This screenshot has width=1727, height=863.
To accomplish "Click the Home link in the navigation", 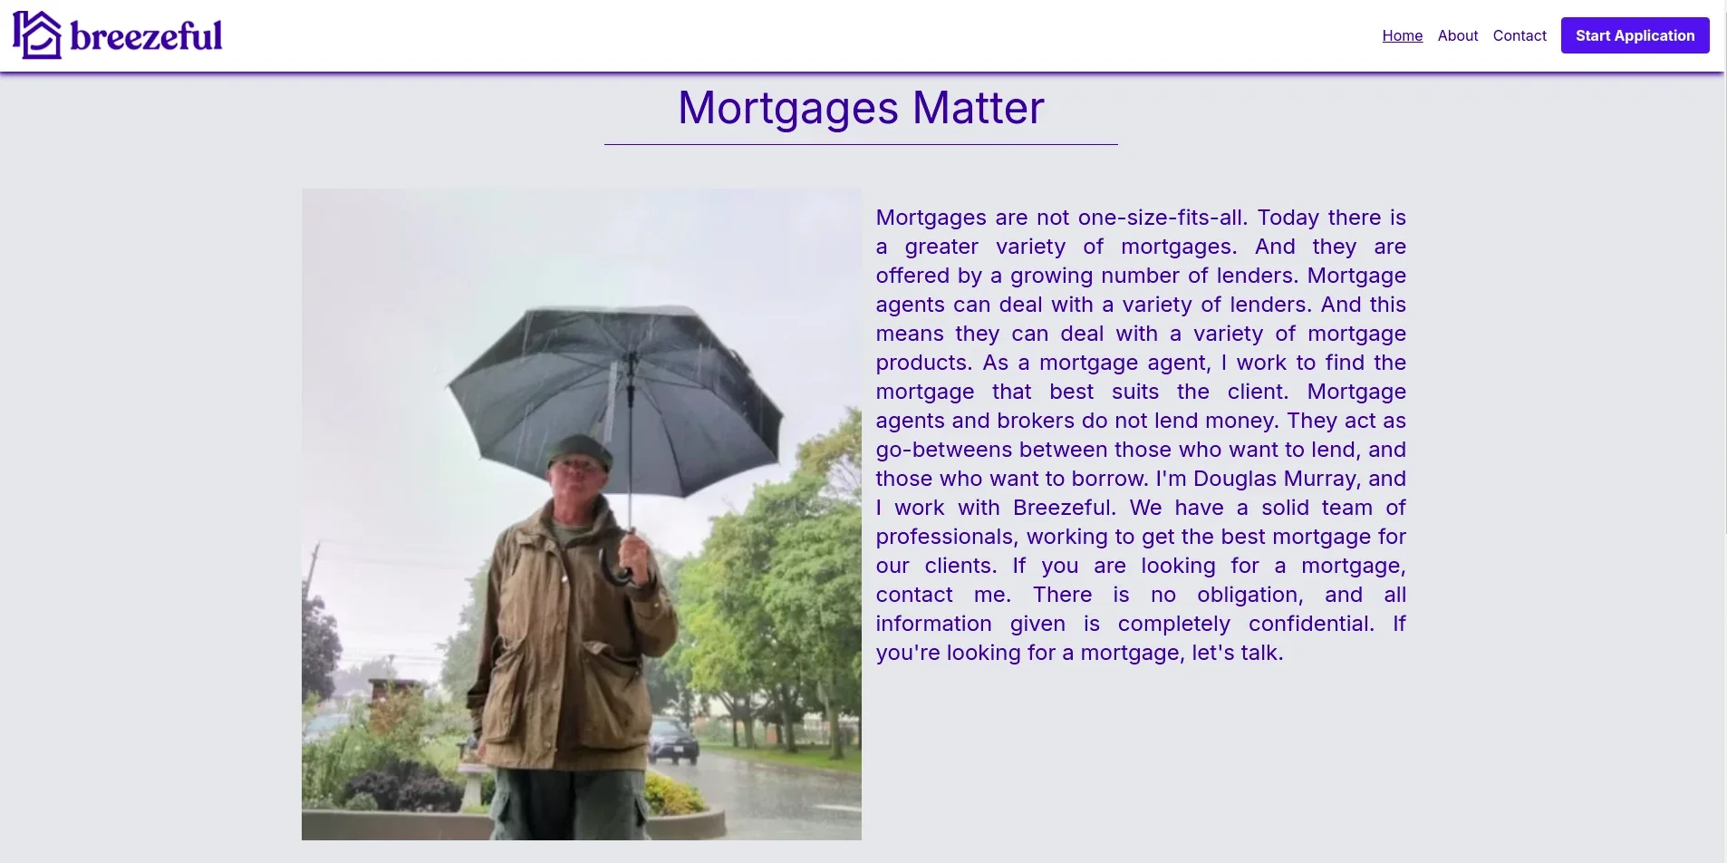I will pyautogui.click(x=1402, y=35).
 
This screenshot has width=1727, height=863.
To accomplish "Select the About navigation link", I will pyautogui.click(x=1457, y=35).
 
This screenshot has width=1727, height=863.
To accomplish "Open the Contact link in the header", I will pyautogui.click(x=1520, y=35).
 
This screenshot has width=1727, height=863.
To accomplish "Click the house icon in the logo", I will pyautogui.click(x=37, y=34).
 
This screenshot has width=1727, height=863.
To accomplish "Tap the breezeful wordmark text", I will pyautogui.click(x=146, y=36).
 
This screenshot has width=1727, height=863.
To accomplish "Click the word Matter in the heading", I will pyautogui.click(x=978, y=108).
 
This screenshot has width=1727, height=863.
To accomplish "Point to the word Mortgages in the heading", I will pyautogui.click(x=788, y=108).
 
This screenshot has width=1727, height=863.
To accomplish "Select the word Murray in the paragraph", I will pyautogui.click(x=1322, y=479).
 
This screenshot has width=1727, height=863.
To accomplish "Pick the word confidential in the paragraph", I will pyautogui.click(x=1310, y=624).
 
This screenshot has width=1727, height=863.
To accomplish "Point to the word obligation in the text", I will pyautogui.click(x=1249, y=595).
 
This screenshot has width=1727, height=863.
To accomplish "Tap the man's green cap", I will pyautogui.click(x=580, y=450).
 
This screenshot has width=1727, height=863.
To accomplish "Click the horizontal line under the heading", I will pyautogui.click(x=861, y=144).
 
